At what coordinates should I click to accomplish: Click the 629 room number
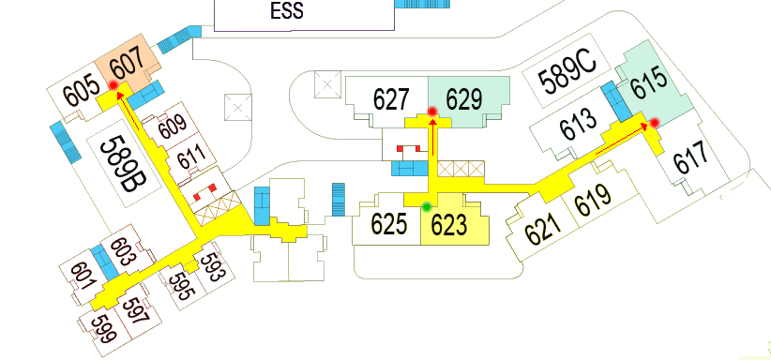463,97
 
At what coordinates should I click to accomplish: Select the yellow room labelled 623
448,224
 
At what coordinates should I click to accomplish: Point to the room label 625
388,224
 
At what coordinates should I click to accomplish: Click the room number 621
544,226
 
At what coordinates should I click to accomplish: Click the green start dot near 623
427,206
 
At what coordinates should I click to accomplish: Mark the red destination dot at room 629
432,112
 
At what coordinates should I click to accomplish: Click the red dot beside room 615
654,122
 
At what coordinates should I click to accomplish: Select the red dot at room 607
114,85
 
